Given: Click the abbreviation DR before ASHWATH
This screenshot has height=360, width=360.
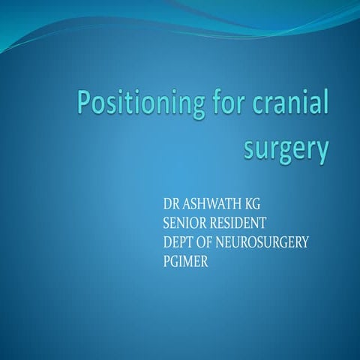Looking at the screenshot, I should [x=170, y=205].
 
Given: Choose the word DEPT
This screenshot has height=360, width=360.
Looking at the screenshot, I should [x=178, y=241].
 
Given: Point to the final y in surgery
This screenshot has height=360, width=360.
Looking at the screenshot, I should [x=321, y=154].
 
